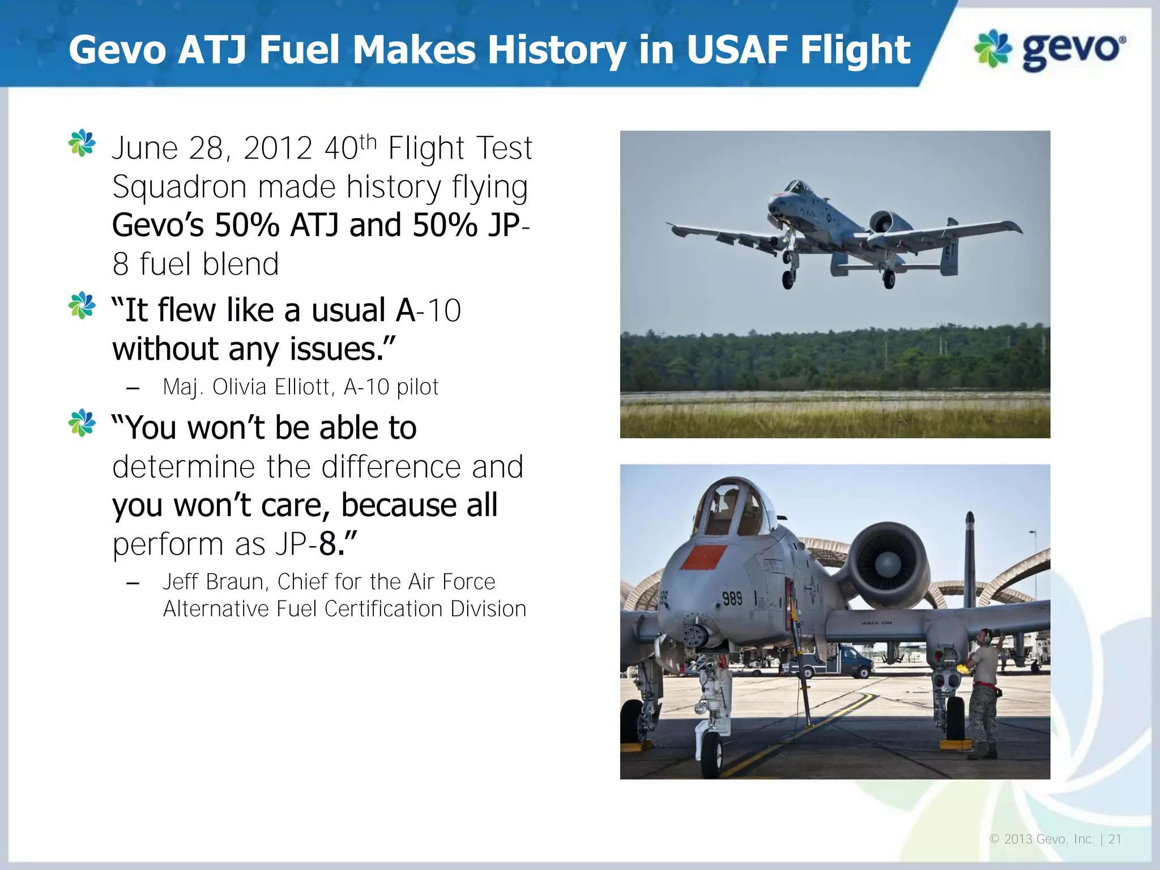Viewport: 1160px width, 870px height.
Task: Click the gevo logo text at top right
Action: pyautogui.click(x=1073, y=50)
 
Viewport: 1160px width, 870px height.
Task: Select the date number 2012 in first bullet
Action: pyautogui.click(x=278, y=148)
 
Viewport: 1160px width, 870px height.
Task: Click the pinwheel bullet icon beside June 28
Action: pyautogui.click(x=82, y=143)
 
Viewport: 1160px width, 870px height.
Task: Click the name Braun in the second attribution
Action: pyautogui.click(x=235, y=582)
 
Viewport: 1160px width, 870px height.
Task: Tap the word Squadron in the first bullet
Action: pyautogui.click(x=179, y=187)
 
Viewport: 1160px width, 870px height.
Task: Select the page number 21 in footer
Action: pyautogui.click(x=1115, y=839)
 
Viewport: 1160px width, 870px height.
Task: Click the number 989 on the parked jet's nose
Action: pyautogui.click(x=732, y=598)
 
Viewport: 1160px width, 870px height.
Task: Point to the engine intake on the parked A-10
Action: pyautogui.click(x=887, y=563)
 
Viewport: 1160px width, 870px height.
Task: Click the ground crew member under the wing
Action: pyautogui.click(x=983, y=691)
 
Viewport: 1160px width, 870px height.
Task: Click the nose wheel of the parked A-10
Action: pyautogui.click(x=712, y=753)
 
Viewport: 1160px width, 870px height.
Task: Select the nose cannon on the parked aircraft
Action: pyautogui.click(x=694, y=637)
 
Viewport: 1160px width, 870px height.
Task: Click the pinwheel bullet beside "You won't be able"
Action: pyautogui.click(x=82, y=423)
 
